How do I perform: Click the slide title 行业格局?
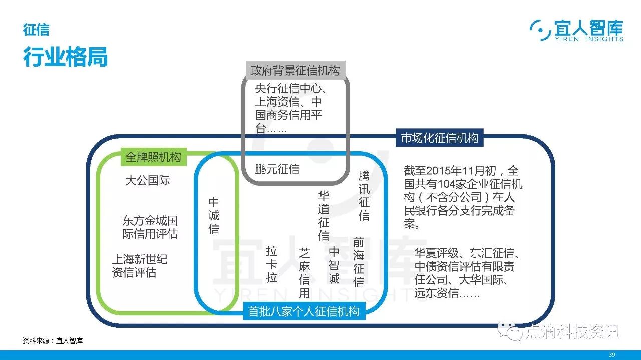pos(65,57)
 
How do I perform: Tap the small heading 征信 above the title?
pos(36,30)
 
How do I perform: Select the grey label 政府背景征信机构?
pos(295,71)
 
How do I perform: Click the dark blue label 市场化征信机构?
pos(440,138)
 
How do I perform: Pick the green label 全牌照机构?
pos(153,157)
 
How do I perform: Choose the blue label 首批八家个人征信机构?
pos(304,311)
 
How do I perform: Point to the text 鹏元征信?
pos(277,169)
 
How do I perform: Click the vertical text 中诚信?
pos(214,215)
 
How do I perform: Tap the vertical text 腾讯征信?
pos(364,196)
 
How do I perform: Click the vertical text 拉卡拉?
pos(272,264)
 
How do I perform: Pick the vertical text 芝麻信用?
pos(305,273)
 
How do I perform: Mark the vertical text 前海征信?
pos(359,262)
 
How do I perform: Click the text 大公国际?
pos(147,181)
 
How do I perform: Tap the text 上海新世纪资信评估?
pos(139,266)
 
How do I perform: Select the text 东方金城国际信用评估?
pos(150,227)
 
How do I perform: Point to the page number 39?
pos(611,355)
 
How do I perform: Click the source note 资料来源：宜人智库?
pos(53,341)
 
